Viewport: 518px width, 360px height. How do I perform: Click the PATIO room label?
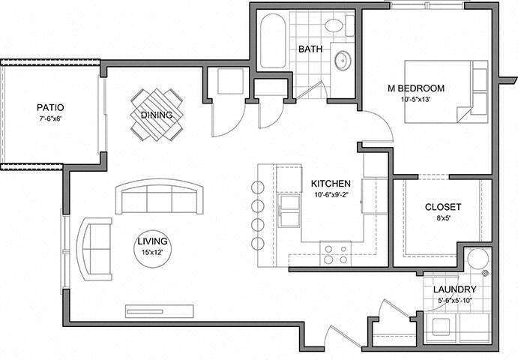[x=50, y=107]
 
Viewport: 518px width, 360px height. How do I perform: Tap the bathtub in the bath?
[x=273, y=41]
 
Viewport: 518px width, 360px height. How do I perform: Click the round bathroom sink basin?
[x=343, y=61]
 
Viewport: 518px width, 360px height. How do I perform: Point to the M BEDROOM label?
[x=416, y=88]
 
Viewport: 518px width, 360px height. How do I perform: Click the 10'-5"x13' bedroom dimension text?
[x=416, y=99]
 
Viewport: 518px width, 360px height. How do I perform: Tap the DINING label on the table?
[x=157, y=115]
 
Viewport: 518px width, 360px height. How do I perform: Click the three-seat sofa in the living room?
[x=160, y=196]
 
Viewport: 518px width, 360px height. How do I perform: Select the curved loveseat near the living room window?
[x=94, y=249]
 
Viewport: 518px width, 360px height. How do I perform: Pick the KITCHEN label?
[x=331, y=184]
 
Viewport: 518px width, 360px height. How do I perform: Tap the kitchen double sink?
[x=289, y=211]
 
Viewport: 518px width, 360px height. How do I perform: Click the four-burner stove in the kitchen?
[x=336, y=254]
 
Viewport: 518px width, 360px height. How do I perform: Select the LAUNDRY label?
[x=454, y=289]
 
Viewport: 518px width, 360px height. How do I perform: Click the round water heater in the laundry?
[x=478, y=259]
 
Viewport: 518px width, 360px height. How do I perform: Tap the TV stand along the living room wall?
[x=160, y=311]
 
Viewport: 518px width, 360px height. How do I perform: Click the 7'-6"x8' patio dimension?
[x=50, y=118]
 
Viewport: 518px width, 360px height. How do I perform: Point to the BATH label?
[x=310, y=49]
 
